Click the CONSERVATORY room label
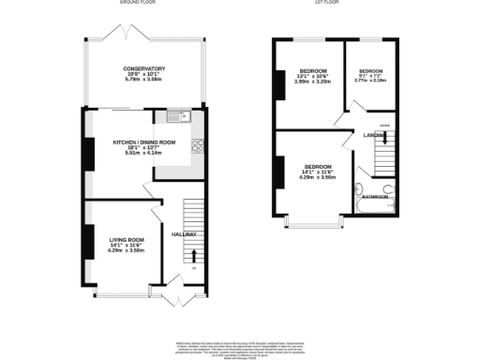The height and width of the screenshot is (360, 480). (142, 68)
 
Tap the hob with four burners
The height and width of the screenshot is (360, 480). (198, 145)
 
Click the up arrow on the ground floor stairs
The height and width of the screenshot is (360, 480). (194, 255)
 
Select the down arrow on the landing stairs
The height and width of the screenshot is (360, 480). (383, 139)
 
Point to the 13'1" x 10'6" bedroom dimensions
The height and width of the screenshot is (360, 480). (312, 76)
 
